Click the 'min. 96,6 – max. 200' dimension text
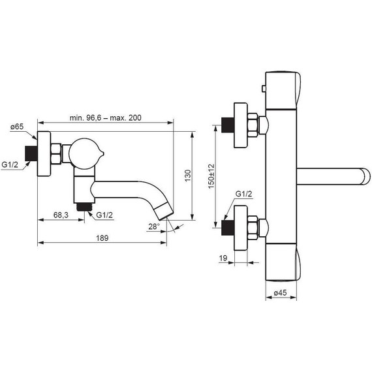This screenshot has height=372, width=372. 106,117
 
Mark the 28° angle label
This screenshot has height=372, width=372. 154,226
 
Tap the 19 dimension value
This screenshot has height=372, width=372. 223,259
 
